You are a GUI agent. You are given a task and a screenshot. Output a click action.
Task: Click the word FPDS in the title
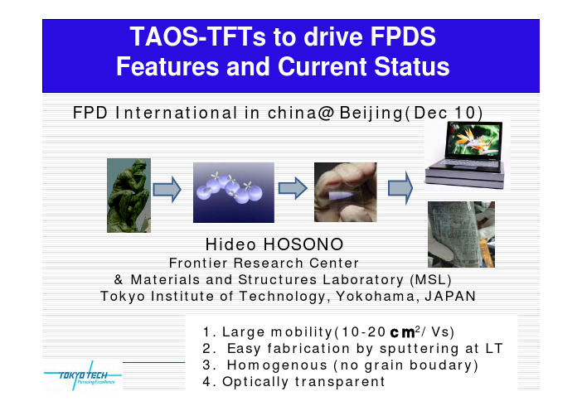pos(403,36)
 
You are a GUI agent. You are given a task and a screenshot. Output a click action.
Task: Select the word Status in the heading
pos(412,66)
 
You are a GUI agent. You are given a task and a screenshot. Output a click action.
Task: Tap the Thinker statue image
pos(129,196)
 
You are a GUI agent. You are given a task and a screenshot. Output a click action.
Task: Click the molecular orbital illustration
pos(234,192)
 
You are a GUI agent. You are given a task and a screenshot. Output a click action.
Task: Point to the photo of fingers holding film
pos(345,192)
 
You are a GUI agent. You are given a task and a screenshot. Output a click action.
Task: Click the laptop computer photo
pos(467,154)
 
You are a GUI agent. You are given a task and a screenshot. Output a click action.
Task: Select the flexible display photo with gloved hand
pos(461,235)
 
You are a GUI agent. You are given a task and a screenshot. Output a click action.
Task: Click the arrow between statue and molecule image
pos(167,189)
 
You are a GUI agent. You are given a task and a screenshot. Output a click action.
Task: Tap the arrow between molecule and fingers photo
pos(293,188)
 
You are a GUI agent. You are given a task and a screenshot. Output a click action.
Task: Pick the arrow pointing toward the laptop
pos(400,188)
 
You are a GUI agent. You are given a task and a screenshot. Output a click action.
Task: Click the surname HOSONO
pos(303,244)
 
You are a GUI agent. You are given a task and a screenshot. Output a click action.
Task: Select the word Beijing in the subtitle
pos(371,113)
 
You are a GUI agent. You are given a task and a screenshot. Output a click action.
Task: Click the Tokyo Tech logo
pos(83,375)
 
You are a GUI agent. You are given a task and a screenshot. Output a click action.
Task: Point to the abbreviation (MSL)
pos(430,280)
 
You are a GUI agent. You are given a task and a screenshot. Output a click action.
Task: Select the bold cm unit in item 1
pos(402,332)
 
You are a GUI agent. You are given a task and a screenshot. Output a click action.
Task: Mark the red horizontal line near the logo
pos(153,362)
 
